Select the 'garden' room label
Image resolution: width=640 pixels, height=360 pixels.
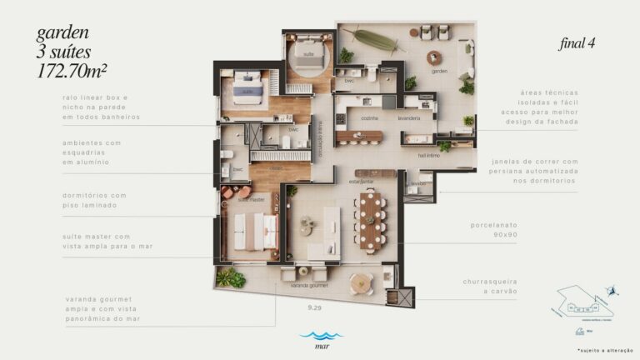[x=439, y=72]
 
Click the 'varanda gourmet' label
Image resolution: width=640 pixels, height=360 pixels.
[x=308, y=286]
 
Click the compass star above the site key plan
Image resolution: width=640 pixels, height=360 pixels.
[x=614, y=290]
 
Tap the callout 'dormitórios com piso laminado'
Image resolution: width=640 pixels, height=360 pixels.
[x=95, y=199]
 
